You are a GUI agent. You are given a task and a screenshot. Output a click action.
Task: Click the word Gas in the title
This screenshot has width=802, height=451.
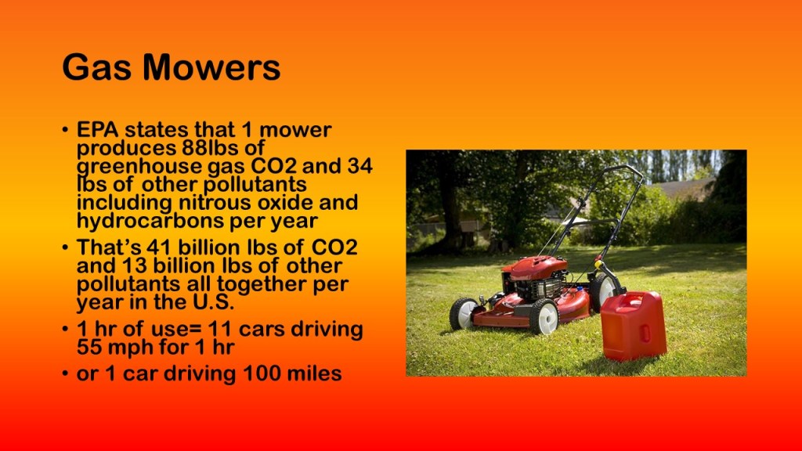coord(96,67)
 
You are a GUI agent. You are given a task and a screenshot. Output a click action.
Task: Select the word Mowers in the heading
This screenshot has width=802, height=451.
coord(211,67)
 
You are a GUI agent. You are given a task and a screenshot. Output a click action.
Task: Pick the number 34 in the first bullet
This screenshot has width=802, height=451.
coord(359,166)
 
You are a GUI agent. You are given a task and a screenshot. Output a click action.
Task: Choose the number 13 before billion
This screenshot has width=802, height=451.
coord(134,266)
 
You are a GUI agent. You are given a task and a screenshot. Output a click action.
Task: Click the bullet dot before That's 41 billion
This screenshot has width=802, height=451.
coord(65,248)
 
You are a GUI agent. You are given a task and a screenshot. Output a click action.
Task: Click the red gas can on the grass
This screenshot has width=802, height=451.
coord(633,326)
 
